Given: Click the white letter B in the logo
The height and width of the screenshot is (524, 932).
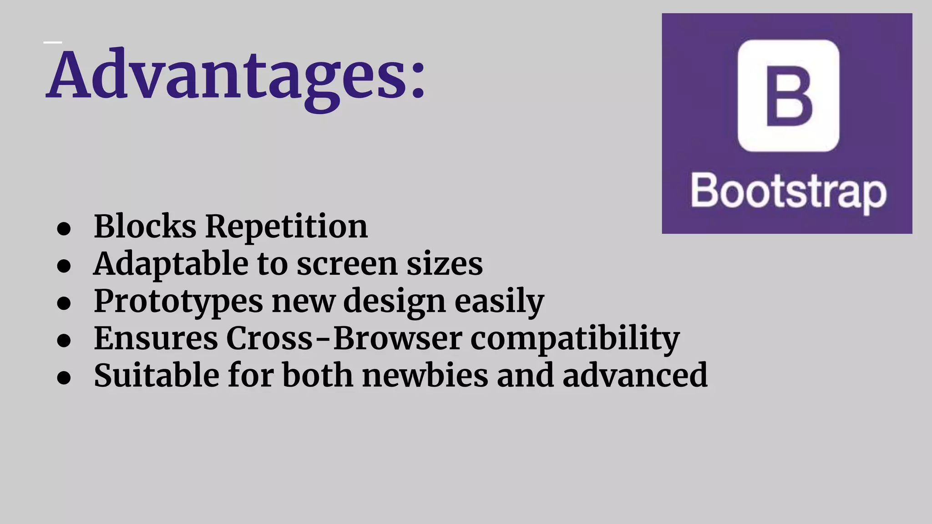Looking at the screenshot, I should tap(789, 96).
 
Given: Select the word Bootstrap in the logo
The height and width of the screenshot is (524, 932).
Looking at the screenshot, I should tap(788, 192).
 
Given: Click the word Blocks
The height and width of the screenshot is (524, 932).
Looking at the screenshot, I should tap(145, 226).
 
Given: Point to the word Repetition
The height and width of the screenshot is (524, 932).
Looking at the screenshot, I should tap(286, 226).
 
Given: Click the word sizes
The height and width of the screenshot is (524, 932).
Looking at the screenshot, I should tap(444, 264).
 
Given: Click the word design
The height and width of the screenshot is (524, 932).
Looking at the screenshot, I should tap(395, 302).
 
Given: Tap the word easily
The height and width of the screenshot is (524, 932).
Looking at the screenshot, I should tap(499, 302).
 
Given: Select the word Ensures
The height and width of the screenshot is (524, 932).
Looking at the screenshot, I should tap(156, 339).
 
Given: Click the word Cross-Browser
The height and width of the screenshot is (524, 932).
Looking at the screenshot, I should tap(344, 339).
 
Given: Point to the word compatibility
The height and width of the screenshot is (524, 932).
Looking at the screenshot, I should tap(575, 339).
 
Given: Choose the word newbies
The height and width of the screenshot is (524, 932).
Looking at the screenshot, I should tap(425, 376).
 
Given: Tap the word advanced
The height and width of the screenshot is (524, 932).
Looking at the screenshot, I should tap(635, 376).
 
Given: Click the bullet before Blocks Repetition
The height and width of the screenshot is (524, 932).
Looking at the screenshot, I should tap(64, 229).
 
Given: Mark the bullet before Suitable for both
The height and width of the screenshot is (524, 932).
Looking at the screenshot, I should tap(64, 378).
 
